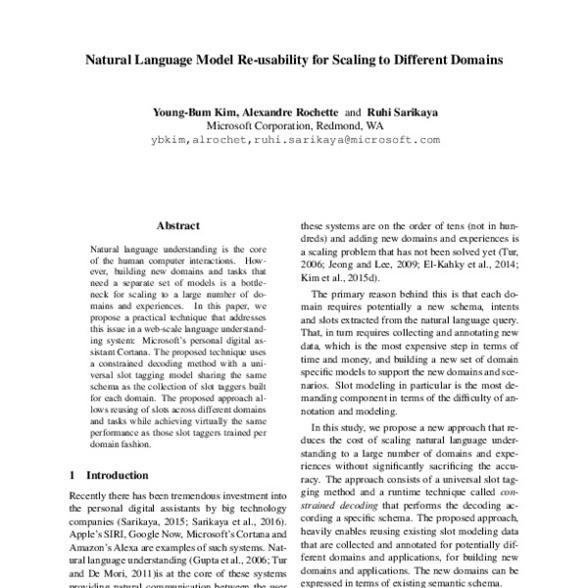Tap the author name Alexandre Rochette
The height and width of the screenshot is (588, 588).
click(x=293, y=112)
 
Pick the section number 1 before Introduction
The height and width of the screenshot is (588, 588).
click(x=73, y=475)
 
